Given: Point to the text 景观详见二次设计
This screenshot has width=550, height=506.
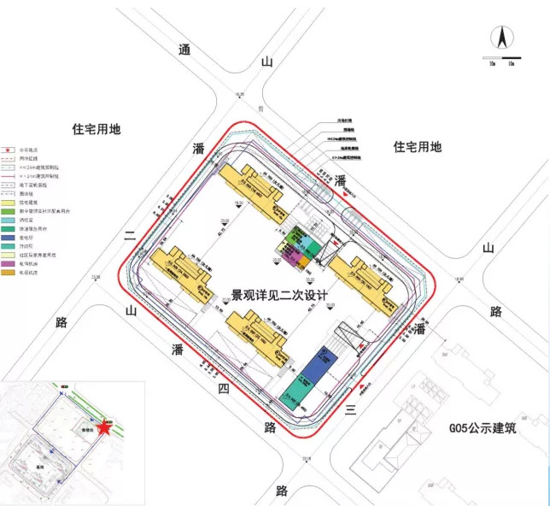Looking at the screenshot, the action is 280,295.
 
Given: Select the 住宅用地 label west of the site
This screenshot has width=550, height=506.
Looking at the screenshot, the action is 96,129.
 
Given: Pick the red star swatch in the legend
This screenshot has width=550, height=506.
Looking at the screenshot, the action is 8,150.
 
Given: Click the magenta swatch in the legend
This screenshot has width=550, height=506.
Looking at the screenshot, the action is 8,263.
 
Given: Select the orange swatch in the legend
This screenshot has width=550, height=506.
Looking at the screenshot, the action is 8,271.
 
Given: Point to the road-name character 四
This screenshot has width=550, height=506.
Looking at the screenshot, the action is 222,389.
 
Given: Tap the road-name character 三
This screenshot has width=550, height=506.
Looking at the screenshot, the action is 349,411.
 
